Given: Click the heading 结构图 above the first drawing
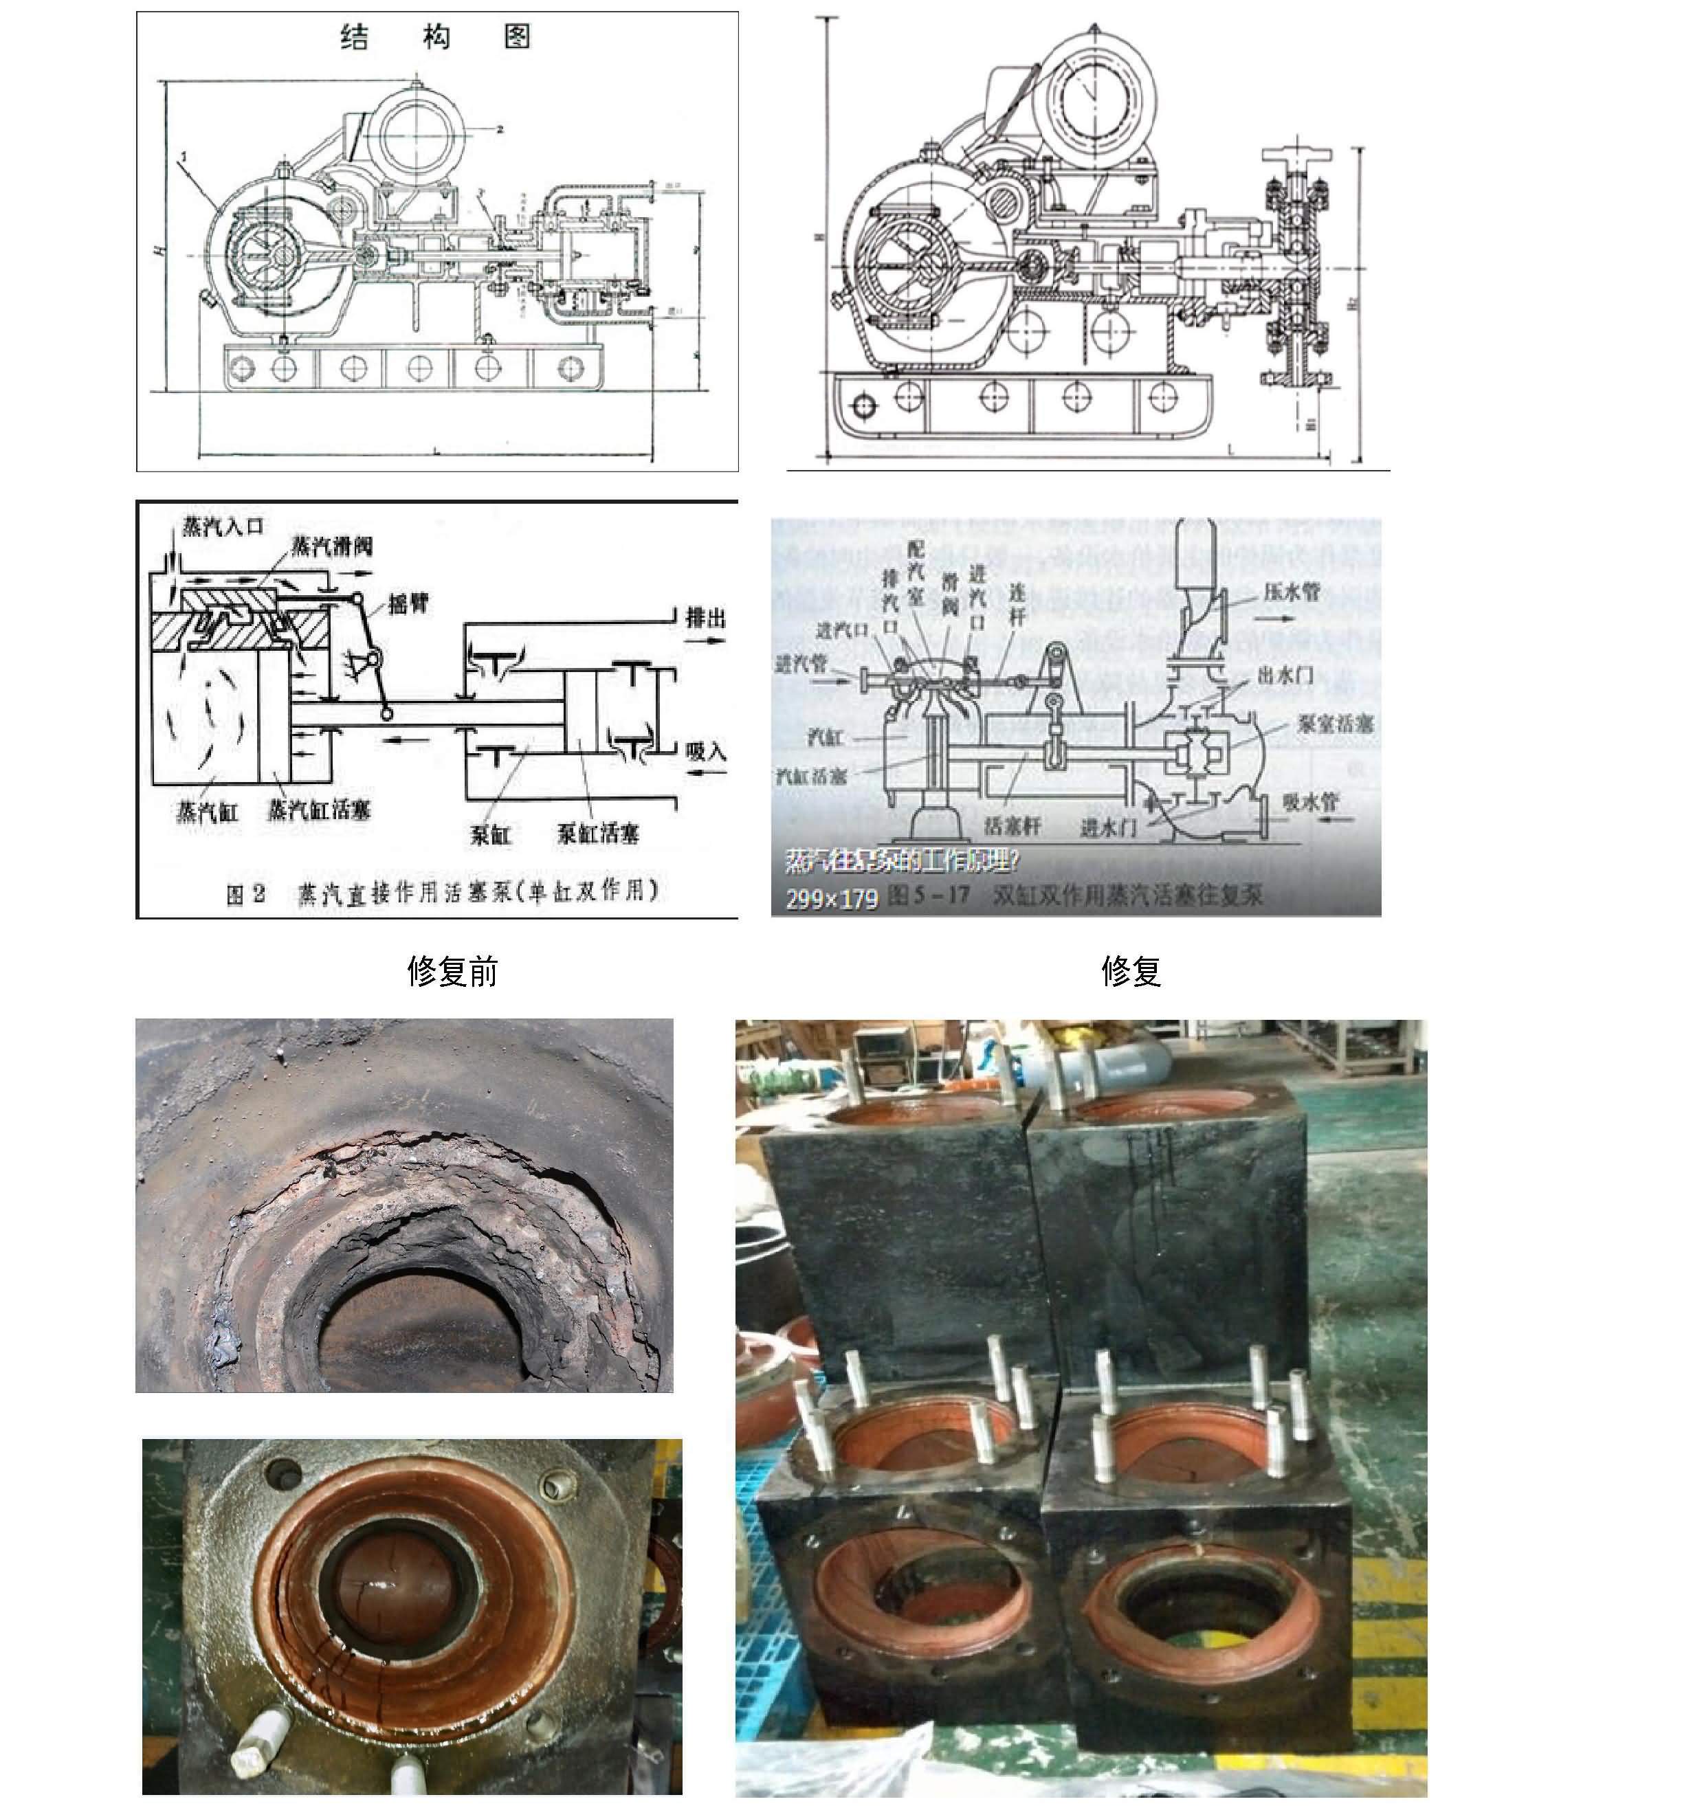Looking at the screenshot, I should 435,37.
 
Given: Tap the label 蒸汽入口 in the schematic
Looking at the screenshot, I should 223,526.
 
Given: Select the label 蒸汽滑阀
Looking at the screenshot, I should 332,546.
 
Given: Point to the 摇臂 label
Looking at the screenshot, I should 408,603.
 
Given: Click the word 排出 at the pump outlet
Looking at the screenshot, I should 705,618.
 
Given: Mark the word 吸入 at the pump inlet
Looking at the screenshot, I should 705,751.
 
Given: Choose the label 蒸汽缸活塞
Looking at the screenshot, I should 319,810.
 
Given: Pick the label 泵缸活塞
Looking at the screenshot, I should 597,833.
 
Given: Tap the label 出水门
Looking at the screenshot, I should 1285,674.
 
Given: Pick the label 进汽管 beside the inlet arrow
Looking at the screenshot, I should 801,663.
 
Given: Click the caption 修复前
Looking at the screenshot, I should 452,971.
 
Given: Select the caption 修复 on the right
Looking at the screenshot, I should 1131,971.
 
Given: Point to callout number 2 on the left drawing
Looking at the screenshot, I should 500,129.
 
